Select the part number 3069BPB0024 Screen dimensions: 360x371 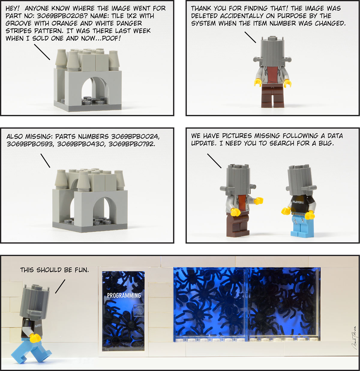click(135, 136)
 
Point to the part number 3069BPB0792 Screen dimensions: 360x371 click(132, 144)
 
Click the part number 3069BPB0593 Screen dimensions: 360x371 click(30, 144)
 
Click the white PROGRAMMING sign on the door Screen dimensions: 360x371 click(124, 295)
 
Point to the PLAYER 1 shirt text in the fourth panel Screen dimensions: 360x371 click(298, 202)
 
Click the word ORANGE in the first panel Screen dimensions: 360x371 click(64, 23)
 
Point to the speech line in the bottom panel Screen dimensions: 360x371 click(60, 286)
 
